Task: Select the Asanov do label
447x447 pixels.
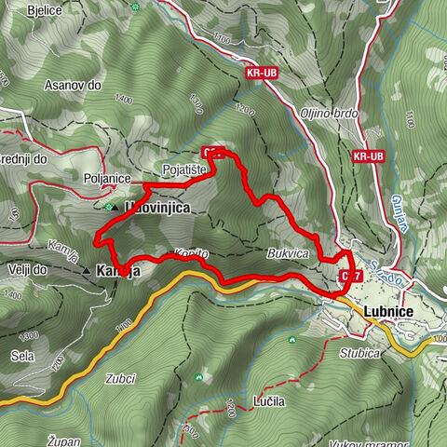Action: coord(71,85)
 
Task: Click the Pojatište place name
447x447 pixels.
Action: coord(183,170)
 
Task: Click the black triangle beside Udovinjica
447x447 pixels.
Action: coord(115,209)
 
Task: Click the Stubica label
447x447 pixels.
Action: coord(360,353)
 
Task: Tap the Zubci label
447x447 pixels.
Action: coord(121,378)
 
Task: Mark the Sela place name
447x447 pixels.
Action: coord(22,357)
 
